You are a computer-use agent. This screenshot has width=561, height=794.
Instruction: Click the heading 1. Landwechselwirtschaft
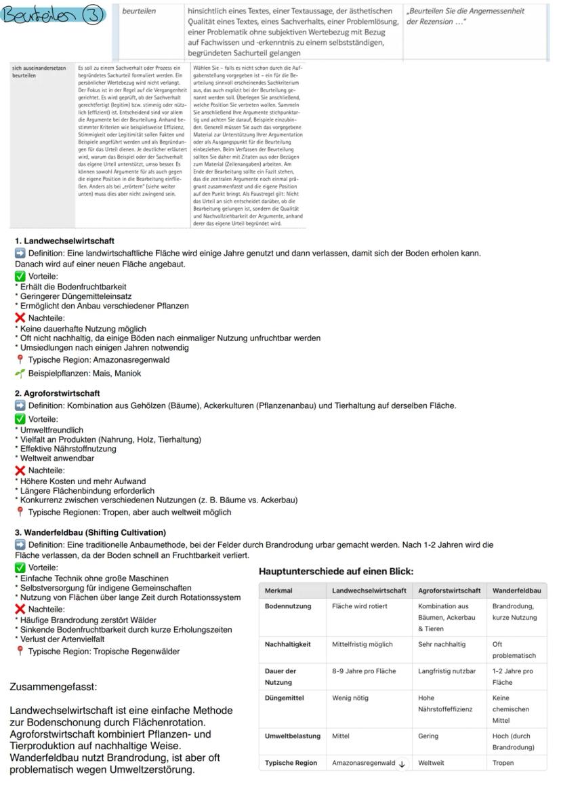pos(65,241)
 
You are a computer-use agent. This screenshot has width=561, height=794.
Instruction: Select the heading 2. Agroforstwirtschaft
pos(58,393)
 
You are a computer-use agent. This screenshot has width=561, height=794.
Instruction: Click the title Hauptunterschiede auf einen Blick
pos(336,572)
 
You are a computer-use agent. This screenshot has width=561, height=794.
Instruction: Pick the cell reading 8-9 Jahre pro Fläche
pos(364,671)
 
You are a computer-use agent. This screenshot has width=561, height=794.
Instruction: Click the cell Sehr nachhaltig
pos(442,644)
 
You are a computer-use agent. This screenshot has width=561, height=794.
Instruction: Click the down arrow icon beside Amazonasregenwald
pos(402,763)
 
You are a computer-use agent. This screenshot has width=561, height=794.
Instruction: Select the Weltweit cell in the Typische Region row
pos(431,763)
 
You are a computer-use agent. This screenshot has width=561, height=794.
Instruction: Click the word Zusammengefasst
pos(54,687)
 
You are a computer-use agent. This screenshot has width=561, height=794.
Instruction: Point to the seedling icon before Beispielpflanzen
pos(20,374)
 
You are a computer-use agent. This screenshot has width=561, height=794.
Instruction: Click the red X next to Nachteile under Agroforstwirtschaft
pos(20,471)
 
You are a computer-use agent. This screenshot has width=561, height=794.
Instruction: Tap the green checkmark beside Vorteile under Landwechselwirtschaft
pos(20,277)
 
